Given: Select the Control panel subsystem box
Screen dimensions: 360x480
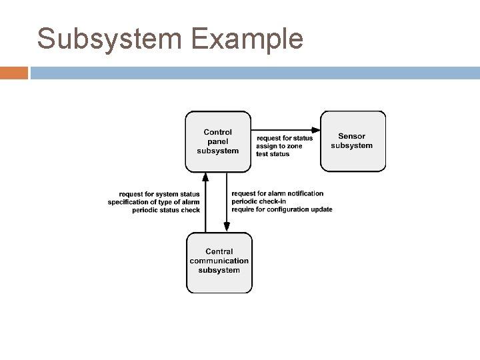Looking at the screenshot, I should click(x=218, y=141).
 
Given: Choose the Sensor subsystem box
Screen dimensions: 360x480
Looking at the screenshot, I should click(x=352, y=141).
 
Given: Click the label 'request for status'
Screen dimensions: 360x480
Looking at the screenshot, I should click(x=284, y=138).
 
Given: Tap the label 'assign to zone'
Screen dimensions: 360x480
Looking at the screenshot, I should click(x=279, y=146).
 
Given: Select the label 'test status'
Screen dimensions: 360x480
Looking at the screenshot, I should click(x=273, y=154).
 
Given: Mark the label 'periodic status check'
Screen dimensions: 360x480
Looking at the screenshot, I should click(x=166, y=210).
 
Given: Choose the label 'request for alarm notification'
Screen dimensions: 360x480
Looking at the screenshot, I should click(x=277, y=193).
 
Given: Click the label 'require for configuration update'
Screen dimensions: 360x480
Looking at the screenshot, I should click(x=282, y=209).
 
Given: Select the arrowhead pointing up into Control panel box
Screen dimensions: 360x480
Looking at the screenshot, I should click(x=205, y=177).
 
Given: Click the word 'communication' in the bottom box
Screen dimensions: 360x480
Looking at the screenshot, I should click(x=219, y=261).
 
